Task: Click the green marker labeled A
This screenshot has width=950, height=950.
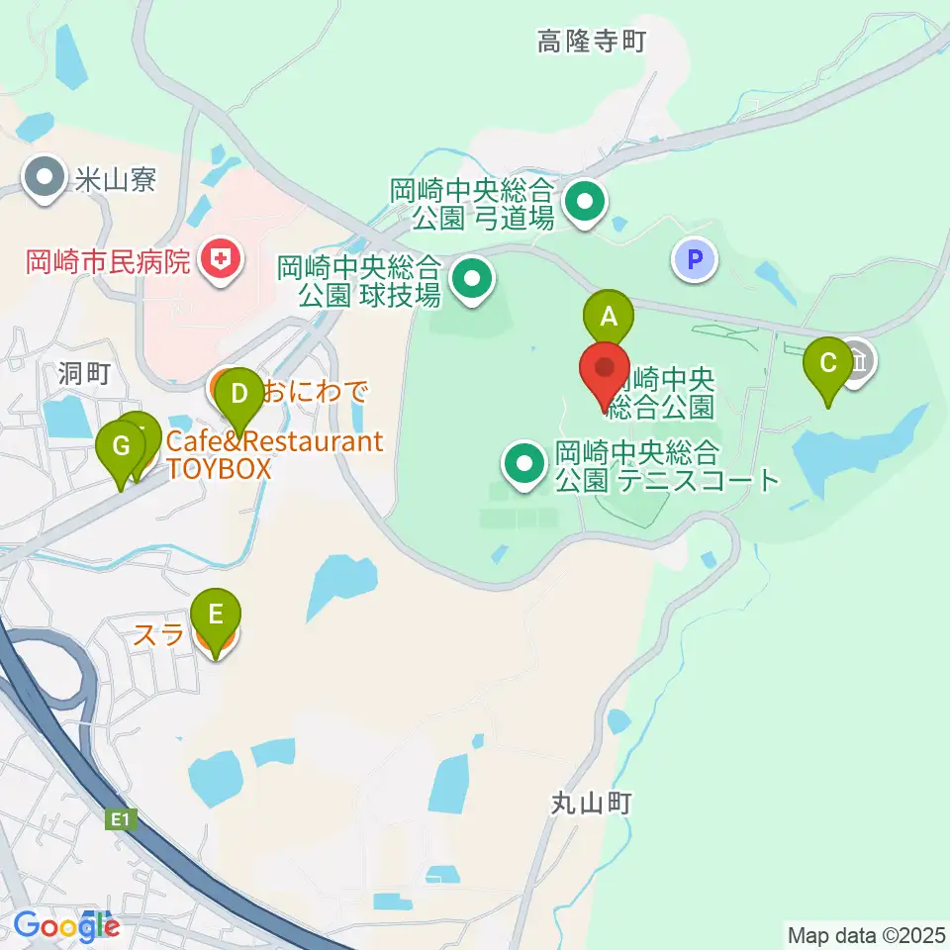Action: pos(609,318)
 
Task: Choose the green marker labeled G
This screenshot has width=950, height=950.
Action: pos(121,446)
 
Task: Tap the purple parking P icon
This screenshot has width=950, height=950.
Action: pos(695,260)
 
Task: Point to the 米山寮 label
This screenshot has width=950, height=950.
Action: pos(115,179)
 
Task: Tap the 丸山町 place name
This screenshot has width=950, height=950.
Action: pos(593,802)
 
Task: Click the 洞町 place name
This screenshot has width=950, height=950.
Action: pos(82,372)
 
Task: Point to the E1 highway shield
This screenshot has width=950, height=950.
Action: pos(121,819)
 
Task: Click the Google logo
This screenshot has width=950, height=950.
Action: pos(66,926)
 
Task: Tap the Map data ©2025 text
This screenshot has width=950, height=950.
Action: pos(865,933)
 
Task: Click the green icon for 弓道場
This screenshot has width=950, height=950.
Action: pos(585,204)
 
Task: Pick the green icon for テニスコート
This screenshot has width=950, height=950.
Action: pos(523,461)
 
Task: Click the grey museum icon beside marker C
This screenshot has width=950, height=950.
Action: pos(858,358)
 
